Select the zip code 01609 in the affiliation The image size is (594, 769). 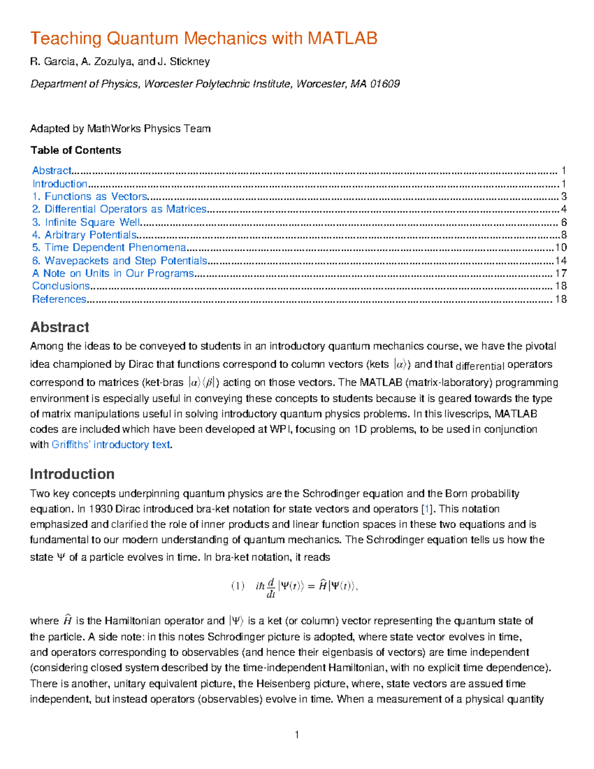click(385, 84)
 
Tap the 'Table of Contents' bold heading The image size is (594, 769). click(76, 150)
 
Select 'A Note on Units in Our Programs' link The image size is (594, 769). click(113, 273)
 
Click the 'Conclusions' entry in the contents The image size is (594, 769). click(61, 286)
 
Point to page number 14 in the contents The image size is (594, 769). click(561, 260)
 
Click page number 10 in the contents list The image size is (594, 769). click(561, 248)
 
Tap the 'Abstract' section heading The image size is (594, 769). click(59, 327)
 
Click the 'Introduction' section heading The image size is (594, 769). click(72, 474)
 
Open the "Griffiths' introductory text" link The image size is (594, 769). click(111, 445)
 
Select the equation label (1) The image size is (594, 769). click(238, 586)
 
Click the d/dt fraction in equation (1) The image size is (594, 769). click(271, 588)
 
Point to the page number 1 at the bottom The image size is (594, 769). click(297, 735)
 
